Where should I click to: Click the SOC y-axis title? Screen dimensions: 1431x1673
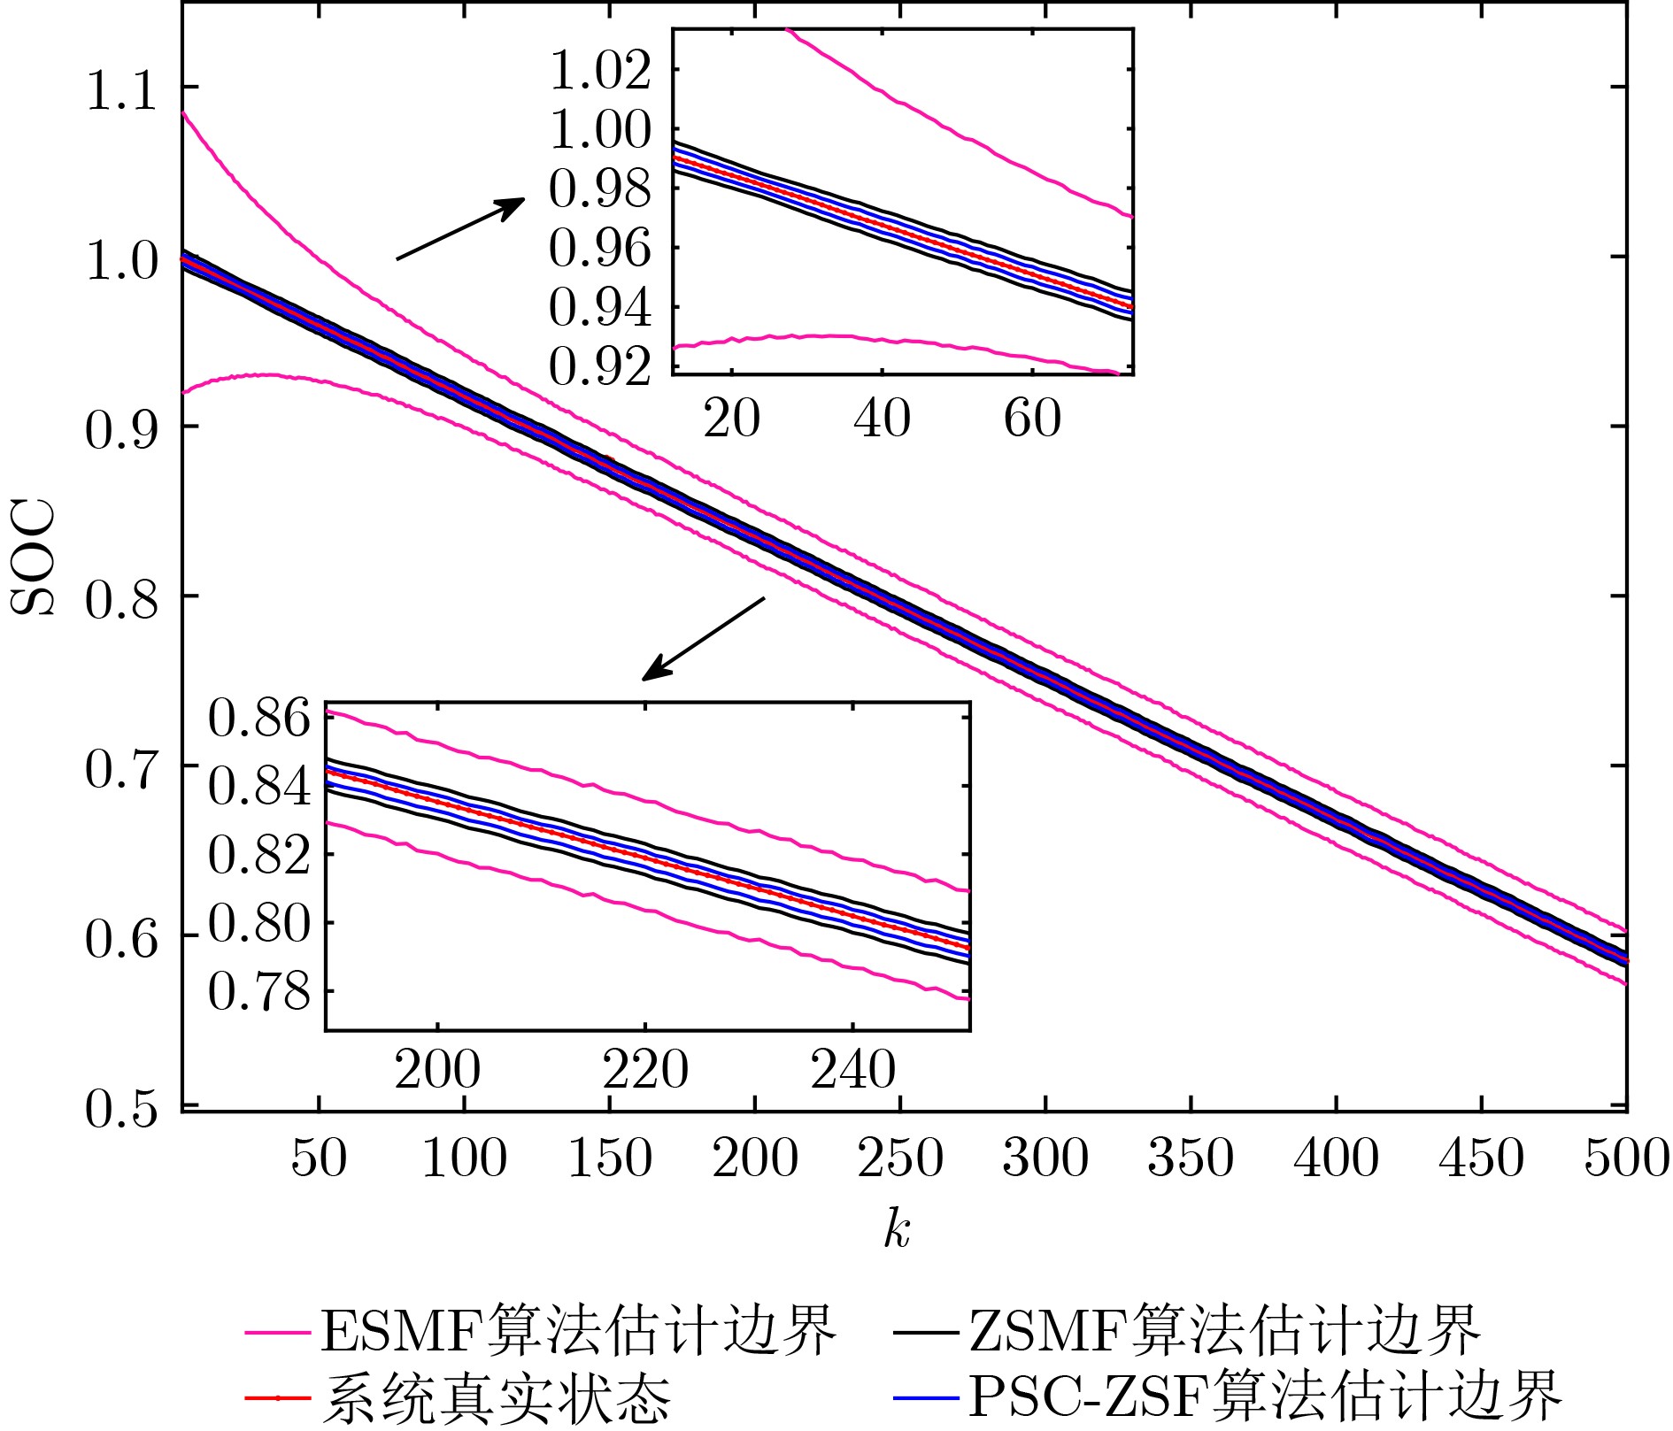[x=33, y=558]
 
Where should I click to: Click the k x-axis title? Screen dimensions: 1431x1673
[x=897, y=1229]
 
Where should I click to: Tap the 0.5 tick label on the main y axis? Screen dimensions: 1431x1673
[x=121, y=1108]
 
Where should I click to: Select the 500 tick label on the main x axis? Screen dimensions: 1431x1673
[x=1626, y=1158]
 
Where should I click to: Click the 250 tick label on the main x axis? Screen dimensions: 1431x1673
[x=900, y=1158]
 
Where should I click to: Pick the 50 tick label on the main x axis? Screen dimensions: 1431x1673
[x=319, y=1158]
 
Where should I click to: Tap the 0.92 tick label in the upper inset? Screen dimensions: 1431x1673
[x=600, y=366]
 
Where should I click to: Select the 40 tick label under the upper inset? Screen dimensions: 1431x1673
[x=882, y=418]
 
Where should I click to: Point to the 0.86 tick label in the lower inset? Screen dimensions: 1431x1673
[x=259, y=718]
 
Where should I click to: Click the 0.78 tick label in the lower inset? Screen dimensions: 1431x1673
[x=259, y=992]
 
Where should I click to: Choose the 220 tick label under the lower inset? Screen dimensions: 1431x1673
[x=645, y=1070]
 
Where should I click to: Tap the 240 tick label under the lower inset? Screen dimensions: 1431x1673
[x=852, y=1070]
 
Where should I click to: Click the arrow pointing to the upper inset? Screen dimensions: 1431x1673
[x=460, y=228]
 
